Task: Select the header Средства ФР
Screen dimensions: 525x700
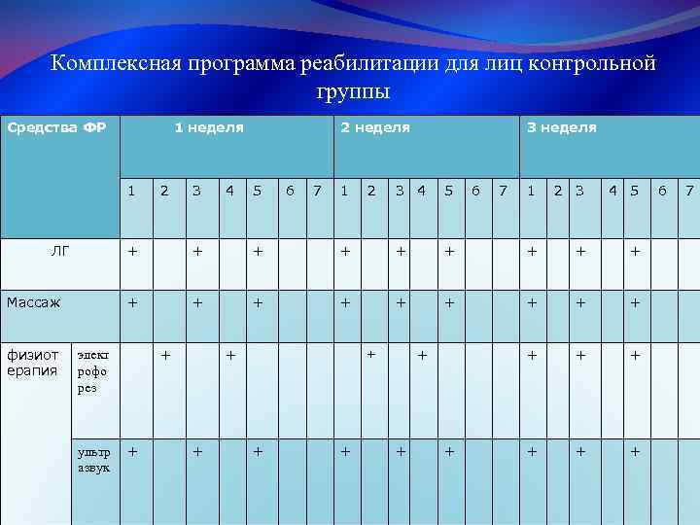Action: coord(56,127)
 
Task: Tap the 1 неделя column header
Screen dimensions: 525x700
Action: coord(208,127)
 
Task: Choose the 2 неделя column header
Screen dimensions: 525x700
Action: coord(374,127)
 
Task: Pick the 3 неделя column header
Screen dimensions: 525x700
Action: coord(561,127)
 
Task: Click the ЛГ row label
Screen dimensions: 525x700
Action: coord(59,251)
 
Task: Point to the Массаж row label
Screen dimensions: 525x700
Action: coord(34,302)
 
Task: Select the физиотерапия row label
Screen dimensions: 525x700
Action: coord(34,362)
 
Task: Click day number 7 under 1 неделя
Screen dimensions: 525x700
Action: coord(318,191)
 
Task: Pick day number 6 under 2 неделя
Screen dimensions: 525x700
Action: coord(475,191)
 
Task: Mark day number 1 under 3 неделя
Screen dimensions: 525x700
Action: coord(531,191)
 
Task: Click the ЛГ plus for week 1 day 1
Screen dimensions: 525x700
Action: coord(133,251)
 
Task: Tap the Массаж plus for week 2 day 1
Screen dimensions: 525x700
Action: coord(345,302)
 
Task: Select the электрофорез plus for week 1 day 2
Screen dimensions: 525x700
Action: coord(165,355)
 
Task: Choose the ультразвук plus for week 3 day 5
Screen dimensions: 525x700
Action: coord(635,452)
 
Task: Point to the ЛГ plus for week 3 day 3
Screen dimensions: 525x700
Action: coord(580,251)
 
